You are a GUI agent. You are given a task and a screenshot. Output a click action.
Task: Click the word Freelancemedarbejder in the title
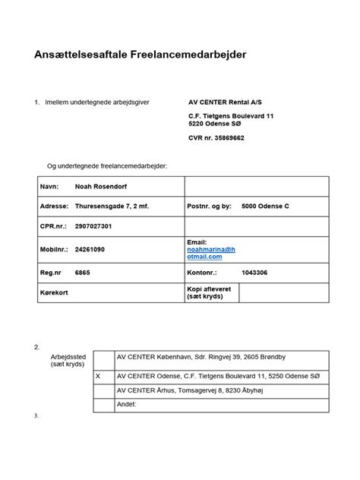200,55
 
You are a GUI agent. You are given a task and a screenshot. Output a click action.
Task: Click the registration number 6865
82,271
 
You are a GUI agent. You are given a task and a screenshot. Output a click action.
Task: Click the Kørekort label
53,292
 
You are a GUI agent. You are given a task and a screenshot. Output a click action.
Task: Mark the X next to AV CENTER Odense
98,375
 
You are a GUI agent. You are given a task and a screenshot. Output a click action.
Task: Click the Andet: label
126,405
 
